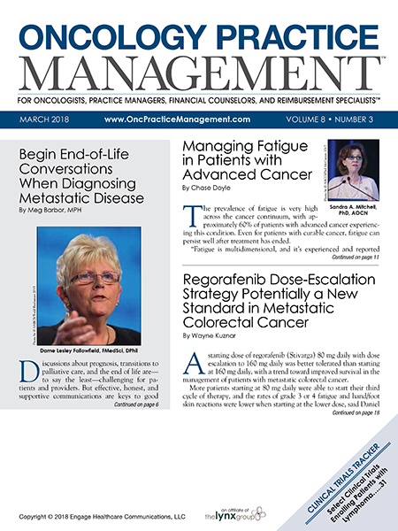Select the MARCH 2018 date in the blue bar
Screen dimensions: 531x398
tap(45, 118)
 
